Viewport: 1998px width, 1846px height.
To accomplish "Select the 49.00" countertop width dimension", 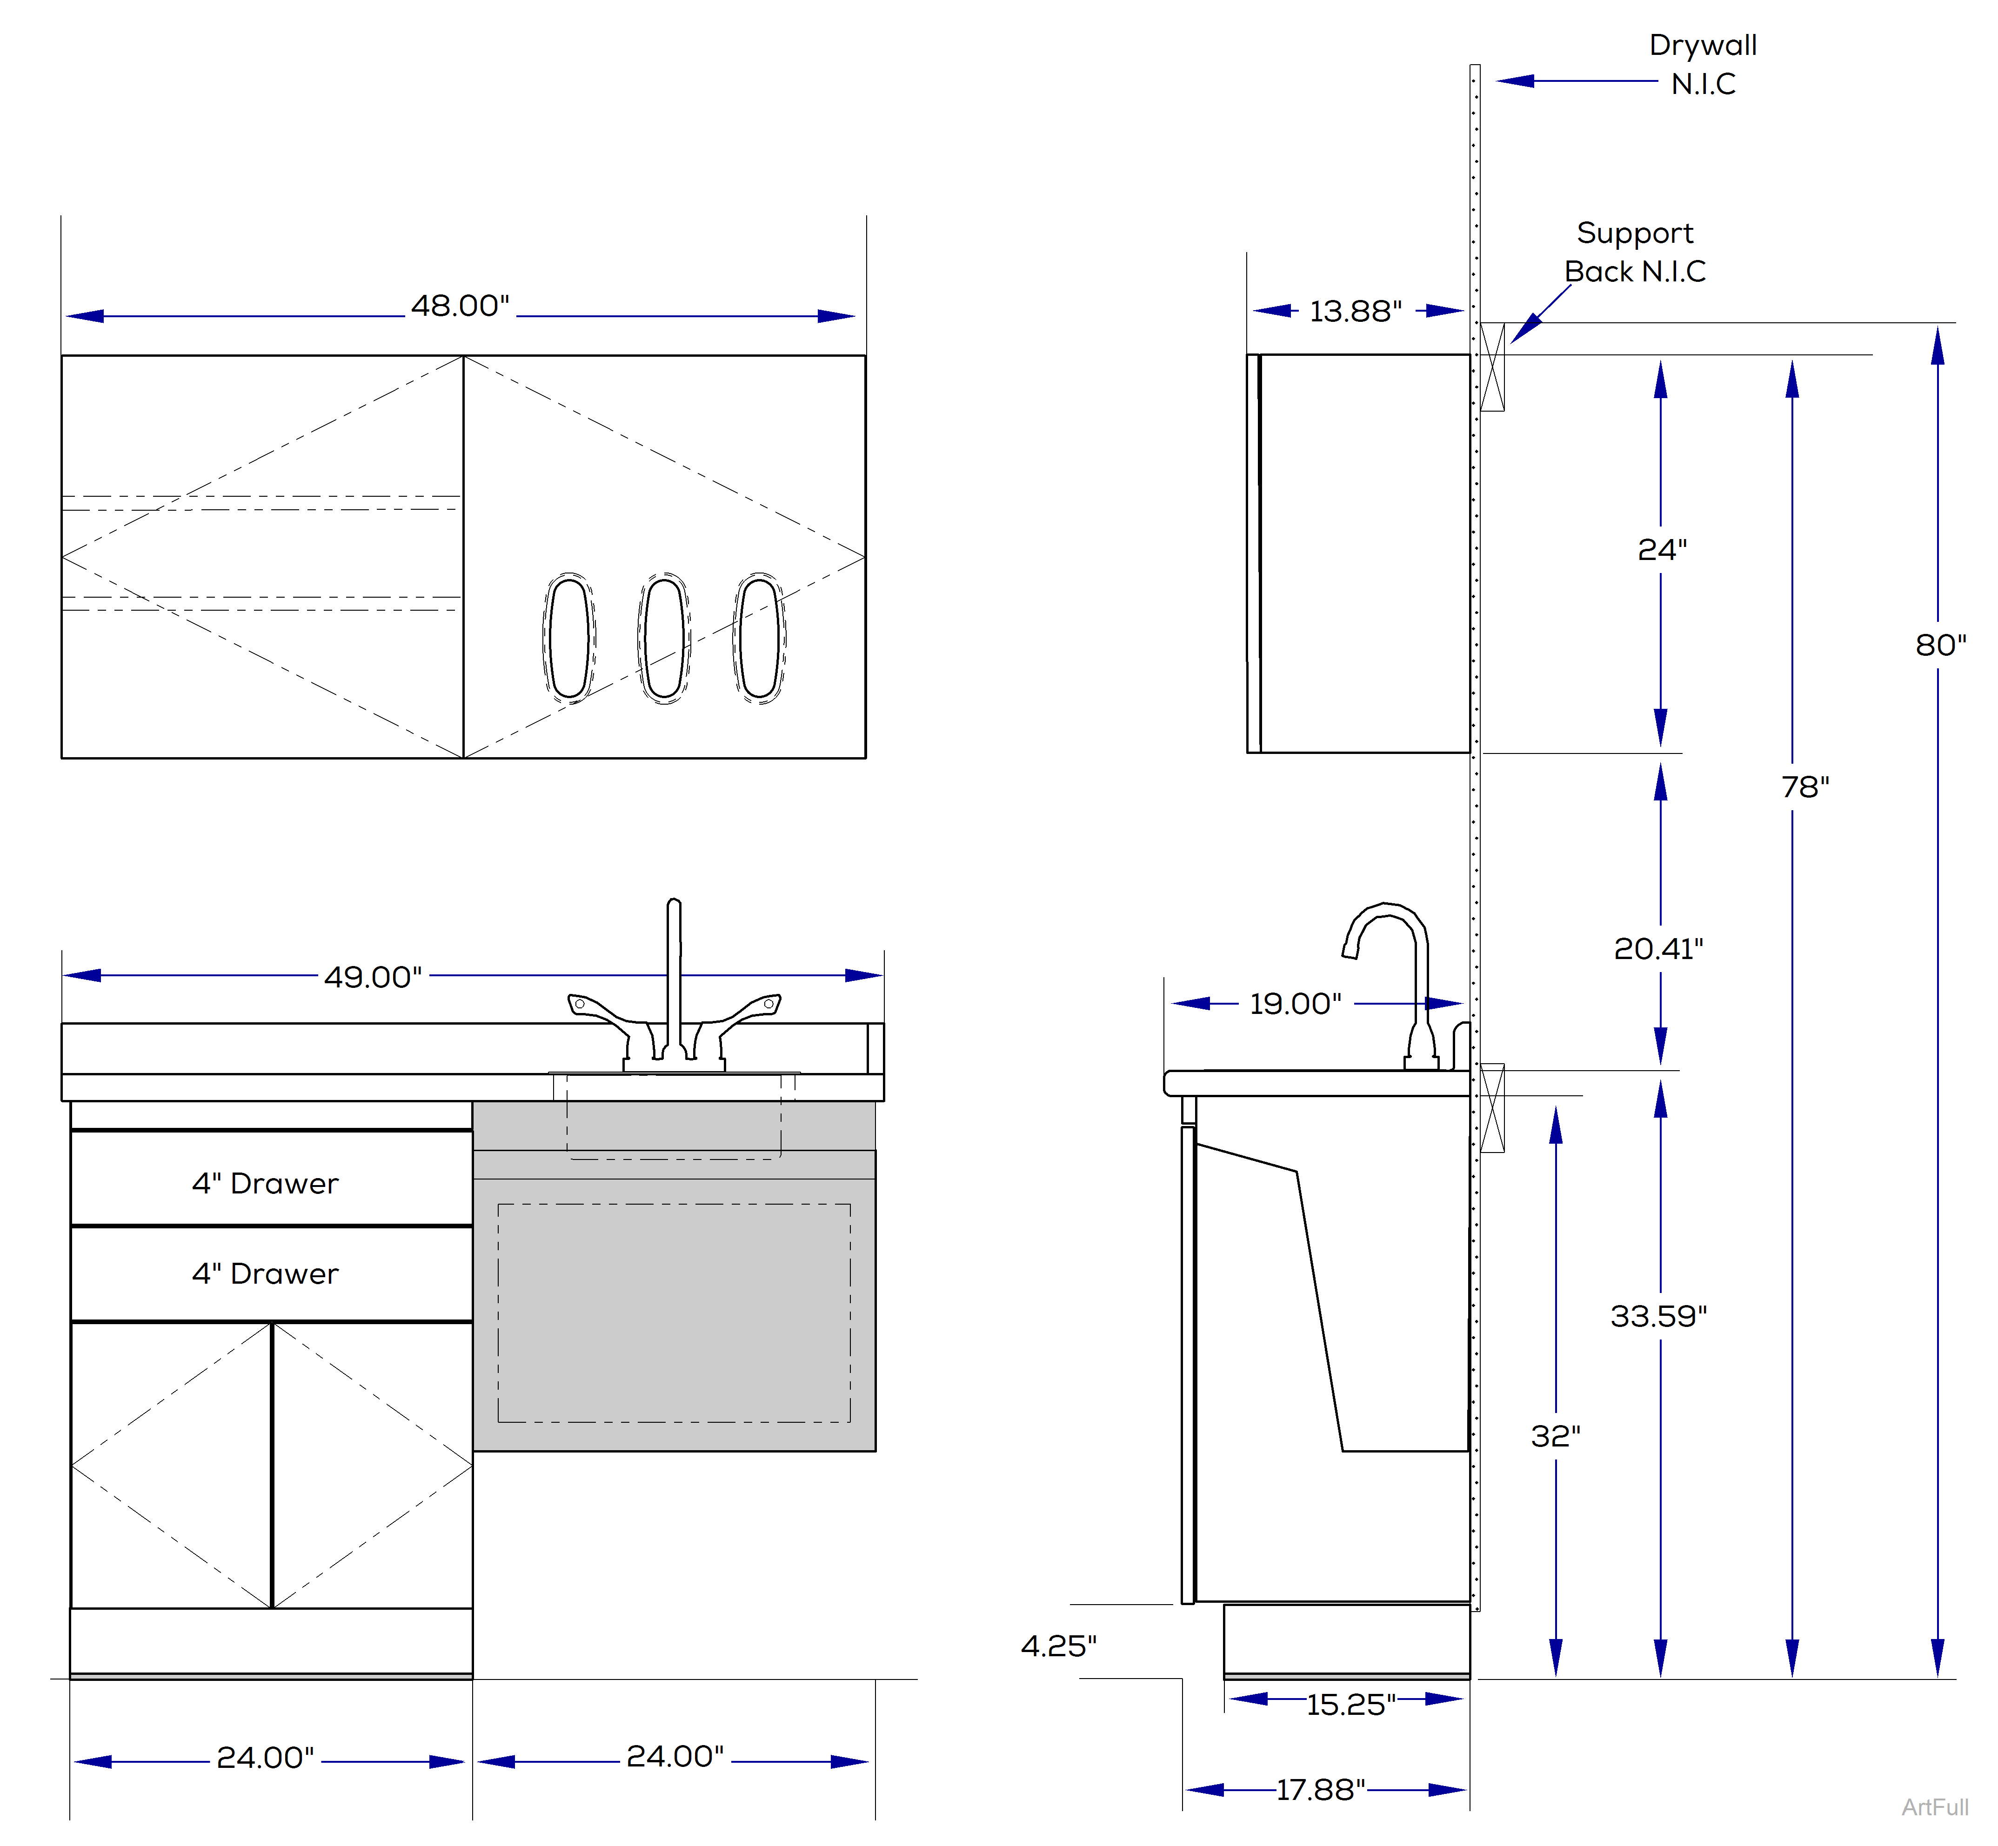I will [x=373, y=977].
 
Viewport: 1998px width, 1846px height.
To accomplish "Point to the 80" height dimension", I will [x=1940, y=645].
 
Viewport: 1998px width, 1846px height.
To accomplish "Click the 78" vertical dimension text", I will [x=1805, y=787].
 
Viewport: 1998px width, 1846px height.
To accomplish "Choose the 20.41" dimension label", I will [x=1658, y=949].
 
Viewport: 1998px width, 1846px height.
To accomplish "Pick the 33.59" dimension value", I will [x=1658, y=1317].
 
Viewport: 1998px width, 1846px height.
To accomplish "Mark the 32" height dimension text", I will [x=1556, y=1436].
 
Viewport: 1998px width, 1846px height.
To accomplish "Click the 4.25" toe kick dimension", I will [x=1058, y=1646].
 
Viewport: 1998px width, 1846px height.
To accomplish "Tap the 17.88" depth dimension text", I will [x=1321, y=1790].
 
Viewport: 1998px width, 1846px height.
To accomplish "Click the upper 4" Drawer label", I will [x=266, y=1184].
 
